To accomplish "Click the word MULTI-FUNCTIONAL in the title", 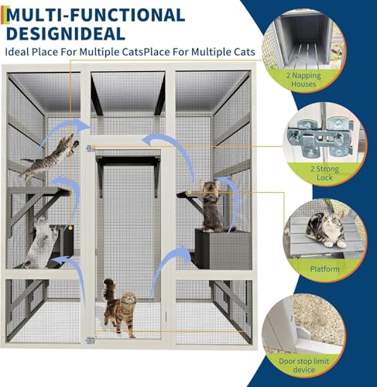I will click(100, 15).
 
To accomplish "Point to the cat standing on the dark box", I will click(211, 206).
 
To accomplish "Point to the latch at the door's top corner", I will click(91, 148).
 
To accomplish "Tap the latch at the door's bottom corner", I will click(91, 338).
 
